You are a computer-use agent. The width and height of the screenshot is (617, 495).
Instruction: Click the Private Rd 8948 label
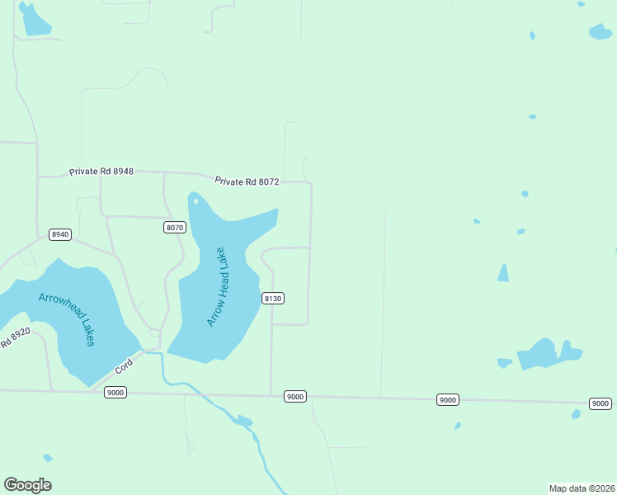(x=101, y=172)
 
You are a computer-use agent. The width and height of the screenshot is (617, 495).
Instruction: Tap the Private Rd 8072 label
(x=247, y=181)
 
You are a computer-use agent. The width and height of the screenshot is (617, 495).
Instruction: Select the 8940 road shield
(x=60, y=234)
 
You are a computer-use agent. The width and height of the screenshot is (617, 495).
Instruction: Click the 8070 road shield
(x=175, y=227)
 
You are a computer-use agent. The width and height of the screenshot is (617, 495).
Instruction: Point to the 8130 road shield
(x=273, y=298)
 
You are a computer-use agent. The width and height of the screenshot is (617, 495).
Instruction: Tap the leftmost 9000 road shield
(x=115, y=393)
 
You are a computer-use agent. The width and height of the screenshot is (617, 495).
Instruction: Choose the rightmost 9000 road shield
(x=601, y=403)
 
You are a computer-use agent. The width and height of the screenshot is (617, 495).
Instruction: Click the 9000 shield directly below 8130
(x=295, y=397)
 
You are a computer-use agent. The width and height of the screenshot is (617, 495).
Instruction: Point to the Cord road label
(x=123, y=364)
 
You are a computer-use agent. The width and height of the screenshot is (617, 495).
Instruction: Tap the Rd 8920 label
(x=15, y=337)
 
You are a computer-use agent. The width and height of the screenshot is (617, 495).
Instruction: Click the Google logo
(x=27, y=485)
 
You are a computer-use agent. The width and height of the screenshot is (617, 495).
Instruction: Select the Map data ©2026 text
(x=582, y=488)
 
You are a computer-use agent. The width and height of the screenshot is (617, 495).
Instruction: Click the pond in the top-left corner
(x=35, y=21)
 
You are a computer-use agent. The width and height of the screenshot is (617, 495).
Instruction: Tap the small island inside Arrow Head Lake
(x=195, y=201)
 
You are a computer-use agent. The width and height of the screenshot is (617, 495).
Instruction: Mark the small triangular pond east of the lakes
(x=502, y=273)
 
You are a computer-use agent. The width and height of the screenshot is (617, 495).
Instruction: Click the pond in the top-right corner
(x=600, y=31)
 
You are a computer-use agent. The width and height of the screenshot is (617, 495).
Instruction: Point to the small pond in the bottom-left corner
(x=48, y=458)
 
